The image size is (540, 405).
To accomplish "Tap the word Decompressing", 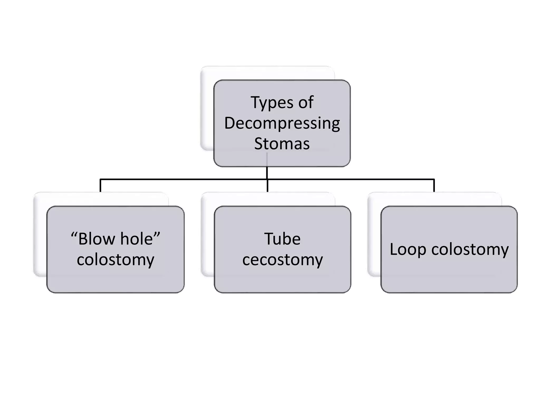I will pyautogui.click(x=282, y=123).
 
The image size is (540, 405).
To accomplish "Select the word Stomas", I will pyautogui.click(x=282, y=144).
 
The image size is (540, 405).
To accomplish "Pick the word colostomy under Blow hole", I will pyautogui.click(x=115, y=260).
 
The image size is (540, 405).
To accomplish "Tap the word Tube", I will pyautogui.click(x=282, y=239).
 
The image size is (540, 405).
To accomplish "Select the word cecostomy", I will pyautogui.click(x=282, y=260).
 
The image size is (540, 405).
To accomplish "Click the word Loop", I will pyautogui.click(x=408, y=249).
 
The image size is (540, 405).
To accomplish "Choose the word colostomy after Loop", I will pyautogui.click(x=470, y=249).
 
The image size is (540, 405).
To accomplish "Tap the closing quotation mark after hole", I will pyautogui.click(x=157, y=234).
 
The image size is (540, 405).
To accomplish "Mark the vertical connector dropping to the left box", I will pyautogui.click(x=100, y=186).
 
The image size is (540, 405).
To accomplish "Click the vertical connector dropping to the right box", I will pyautogui.click(x=434, y=186).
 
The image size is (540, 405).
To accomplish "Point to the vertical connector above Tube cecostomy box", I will pyautogui.click(x=267, y=186).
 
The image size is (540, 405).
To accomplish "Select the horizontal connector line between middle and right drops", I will pyautogui.click(x=351, y=180).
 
